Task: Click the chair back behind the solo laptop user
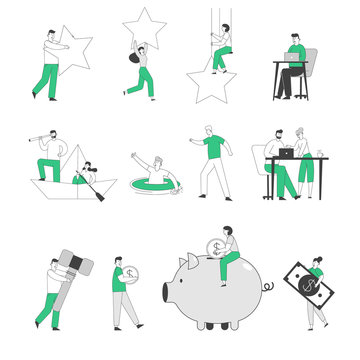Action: point(310,61)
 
